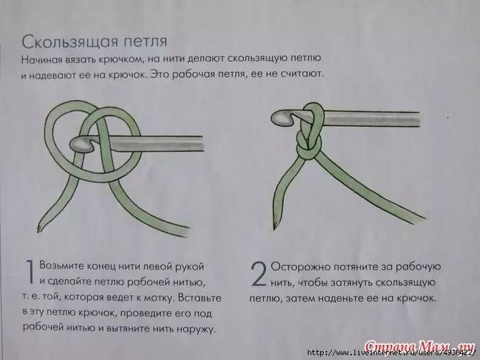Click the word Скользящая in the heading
(x=70, y=42)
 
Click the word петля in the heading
(x=145, y=42)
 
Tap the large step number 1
(x=29, y=272)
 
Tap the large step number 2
(x=259, y=274)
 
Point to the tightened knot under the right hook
(x=309, y=146)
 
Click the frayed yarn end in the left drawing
(x=40, y=228)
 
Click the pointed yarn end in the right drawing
(x=274, y=226)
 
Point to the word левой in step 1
(x=158, y=266)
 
